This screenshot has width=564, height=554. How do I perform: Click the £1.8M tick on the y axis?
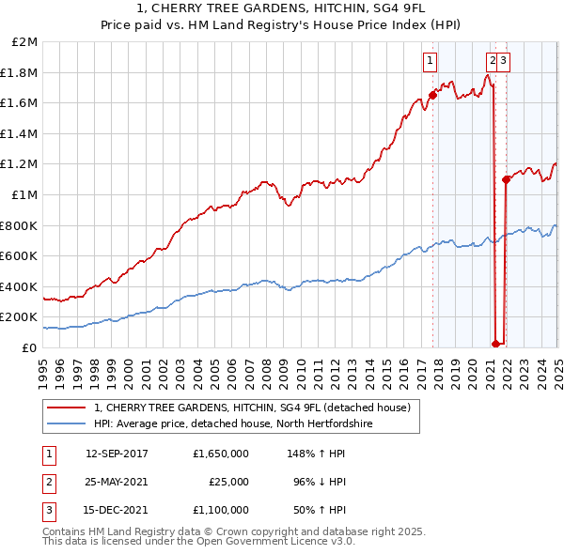point(23,72)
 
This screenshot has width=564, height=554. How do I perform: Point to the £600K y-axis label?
point(21,255)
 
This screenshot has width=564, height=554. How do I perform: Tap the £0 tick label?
point(30,347)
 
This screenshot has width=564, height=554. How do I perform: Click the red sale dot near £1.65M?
point(433,95)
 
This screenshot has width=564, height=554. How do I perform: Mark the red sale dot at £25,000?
point(496,344)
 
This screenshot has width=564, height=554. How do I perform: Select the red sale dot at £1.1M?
point(506,179)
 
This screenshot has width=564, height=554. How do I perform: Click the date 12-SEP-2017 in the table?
point(118,453)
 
